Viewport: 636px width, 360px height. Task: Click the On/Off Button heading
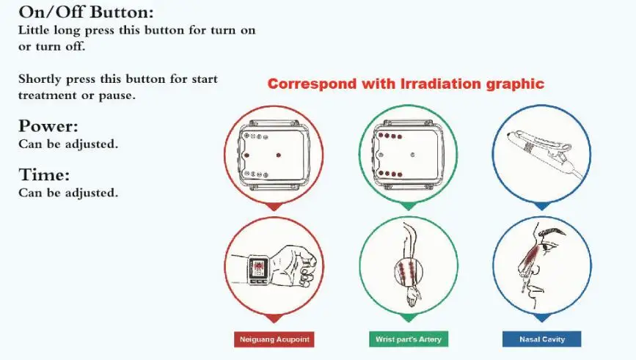[86, 12]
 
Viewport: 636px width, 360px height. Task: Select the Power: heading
[48, 125]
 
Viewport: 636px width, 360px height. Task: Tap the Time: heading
[43, 175]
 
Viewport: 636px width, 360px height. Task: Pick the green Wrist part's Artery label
[408, 339]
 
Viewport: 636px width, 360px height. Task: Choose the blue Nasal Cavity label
[541, 339]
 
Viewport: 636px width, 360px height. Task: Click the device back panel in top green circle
[408, 155]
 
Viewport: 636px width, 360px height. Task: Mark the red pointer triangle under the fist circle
[274, 319]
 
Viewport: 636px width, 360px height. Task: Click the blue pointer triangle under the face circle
[541, 319]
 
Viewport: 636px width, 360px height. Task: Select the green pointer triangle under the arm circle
[408, 319]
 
